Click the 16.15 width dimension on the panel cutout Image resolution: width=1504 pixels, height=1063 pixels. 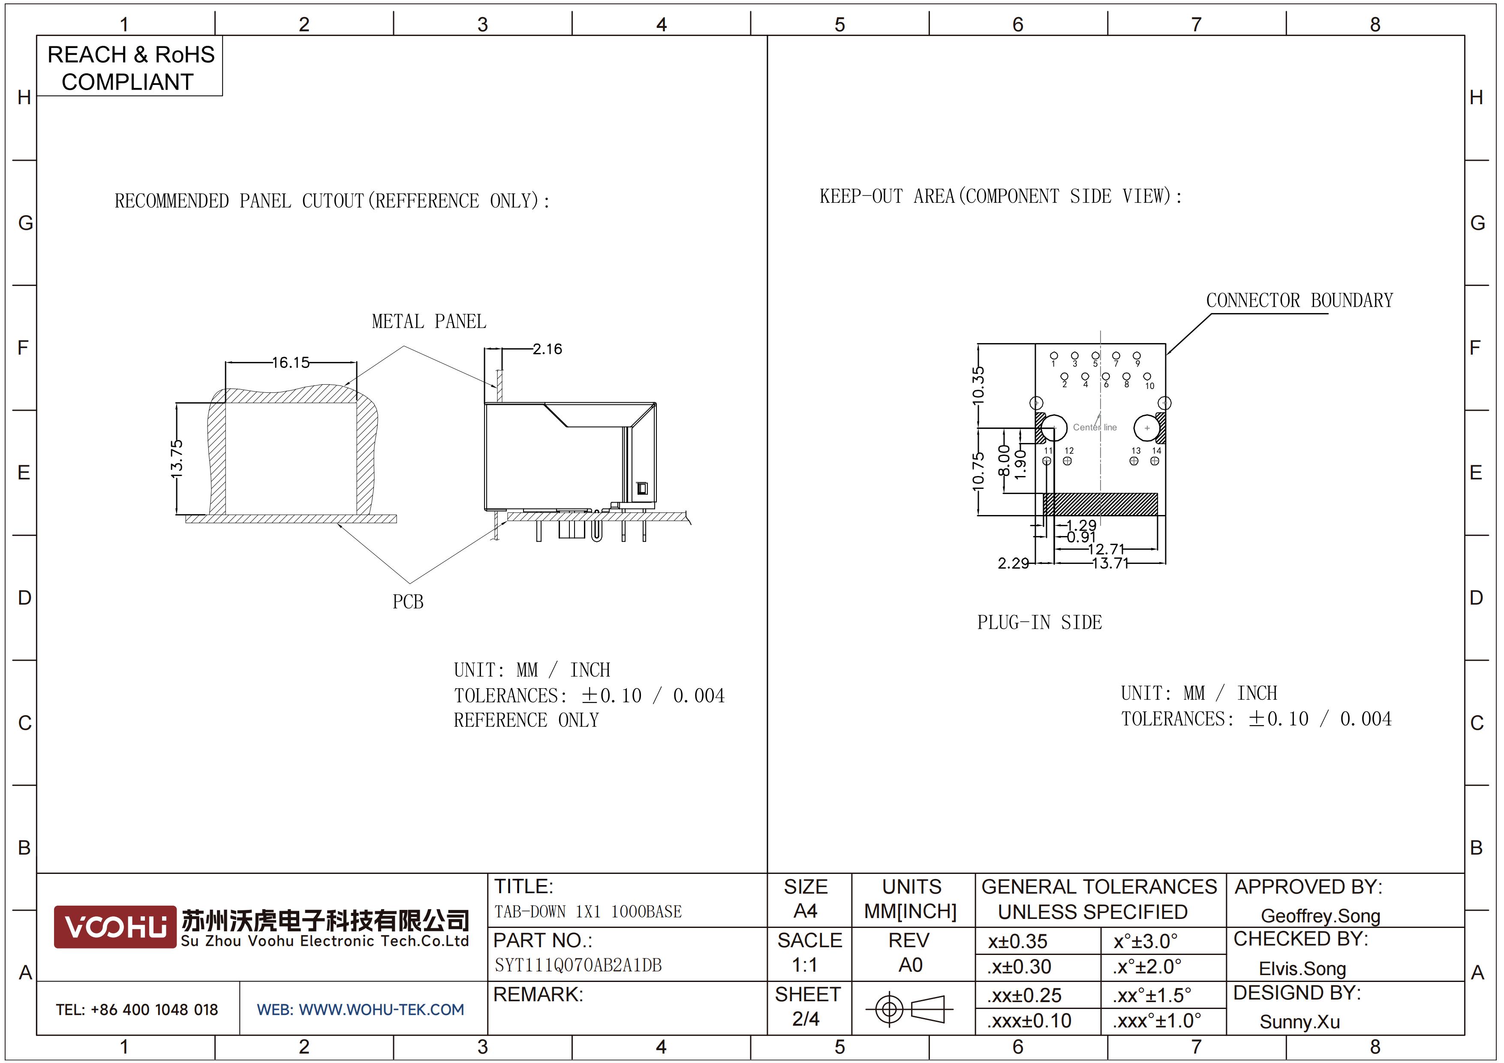(x=290, y=362)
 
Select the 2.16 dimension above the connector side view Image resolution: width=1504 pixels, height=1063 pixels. (x=547, y=349)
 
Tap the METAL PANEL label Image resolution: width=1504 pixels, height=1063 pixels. (x=429, y=322)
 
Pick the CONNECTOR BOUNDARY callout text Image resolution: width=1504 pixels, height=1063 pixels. (x=1299, y=301)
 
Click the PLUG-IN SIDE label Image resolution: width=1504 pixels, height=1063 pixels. (x=1040, y=622)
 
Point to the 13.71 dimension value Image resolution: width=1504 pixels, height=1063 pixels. (x=1110, y=563)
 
